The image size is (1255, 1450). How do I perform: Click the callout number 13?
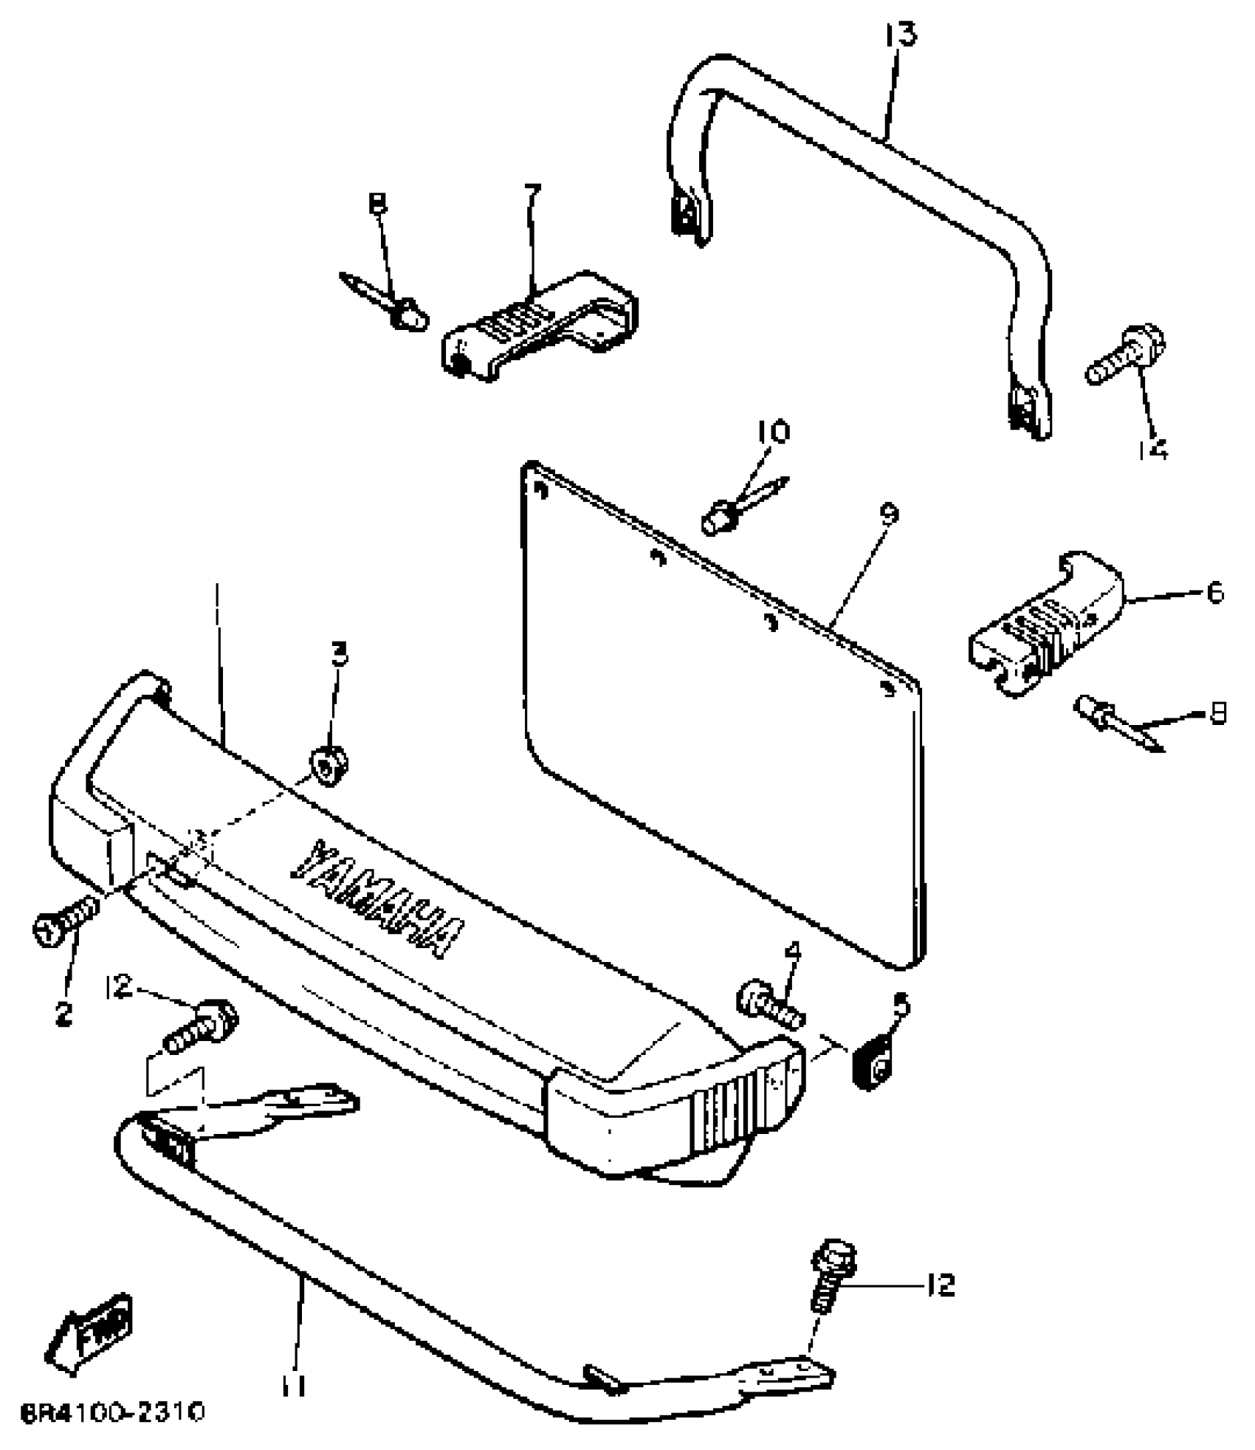point(900,35)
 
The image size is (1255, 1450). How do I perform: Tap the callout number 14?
point(1152,448)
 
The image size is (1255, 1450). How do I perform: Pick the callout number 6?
point(1214,593)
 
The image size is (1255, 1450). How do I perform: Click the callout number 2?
point(63,1014)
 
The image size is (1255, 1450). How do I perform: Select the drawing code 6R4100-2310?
point(112,1413)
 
